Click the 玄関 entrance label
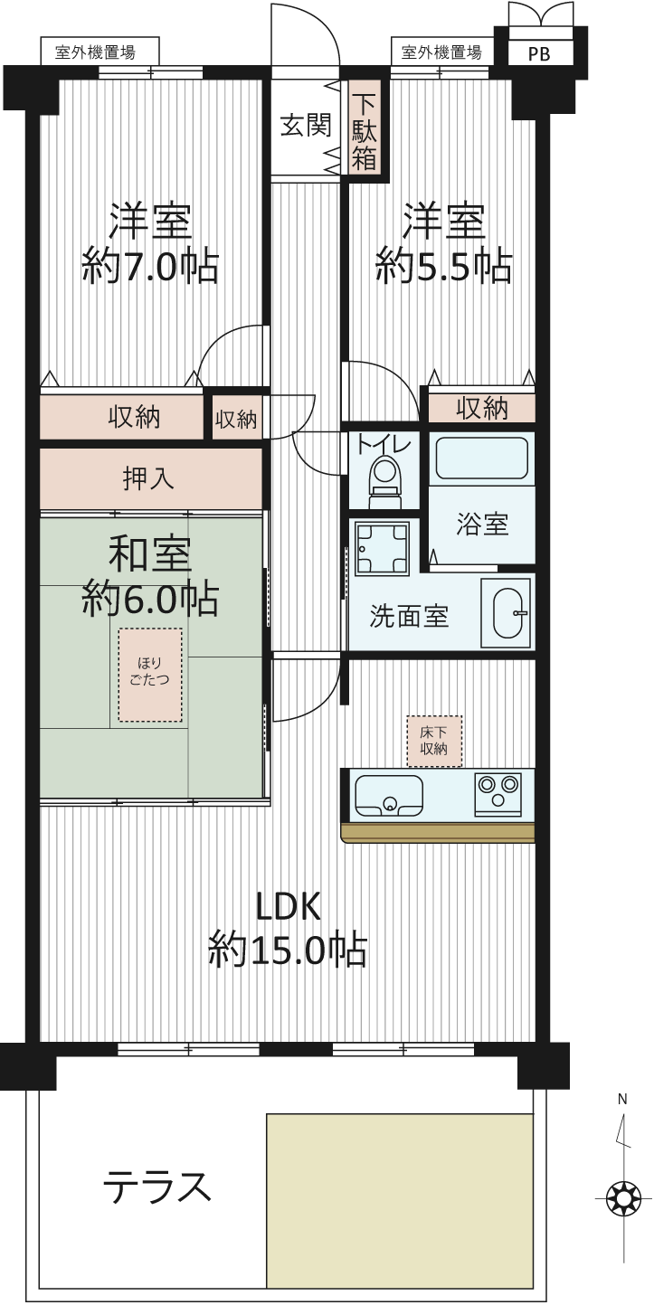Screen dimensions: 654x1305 [305, 126]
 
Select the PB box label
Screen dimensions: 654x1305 [539, 54]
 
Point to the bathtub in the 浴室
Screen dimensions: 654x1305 [482, 458]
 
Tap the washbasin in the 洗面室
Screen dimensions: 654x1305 [506, 612]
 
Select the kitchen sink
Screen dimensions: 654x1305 [389, 795]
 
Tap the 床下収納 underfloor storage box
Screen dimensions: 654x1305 [434, 741]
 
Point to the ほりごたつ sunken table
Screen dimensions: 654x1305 [150, 675]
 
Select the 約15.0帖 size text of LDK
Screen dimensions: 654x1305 [288, 950]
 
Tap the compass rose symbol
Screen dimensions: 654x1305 [623, 1199]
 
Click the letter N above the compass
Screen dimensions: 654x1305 [622, 1100]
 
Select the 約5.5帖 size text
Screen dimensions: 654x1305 [444, 267]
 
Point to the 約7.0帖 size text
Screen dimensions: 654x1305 [150, 267]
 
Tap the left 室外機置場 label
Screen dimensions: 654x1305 [96, 52]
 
